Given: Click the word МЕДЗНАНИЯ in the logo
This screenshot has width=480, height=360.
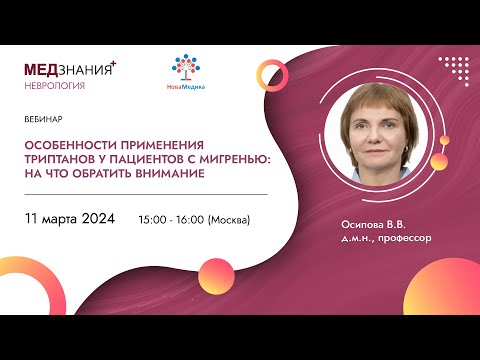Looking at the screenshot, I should pos(68,69).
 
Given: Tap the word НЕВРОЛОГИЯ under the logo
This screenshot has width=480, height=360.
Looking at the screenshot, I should pos(54,86).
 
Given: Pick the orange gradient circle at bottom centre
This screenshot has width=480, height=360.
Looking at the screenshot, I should pos(215,271).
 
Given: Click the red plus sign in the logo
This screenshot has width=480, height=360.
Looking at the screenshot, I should pos(113,63).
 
